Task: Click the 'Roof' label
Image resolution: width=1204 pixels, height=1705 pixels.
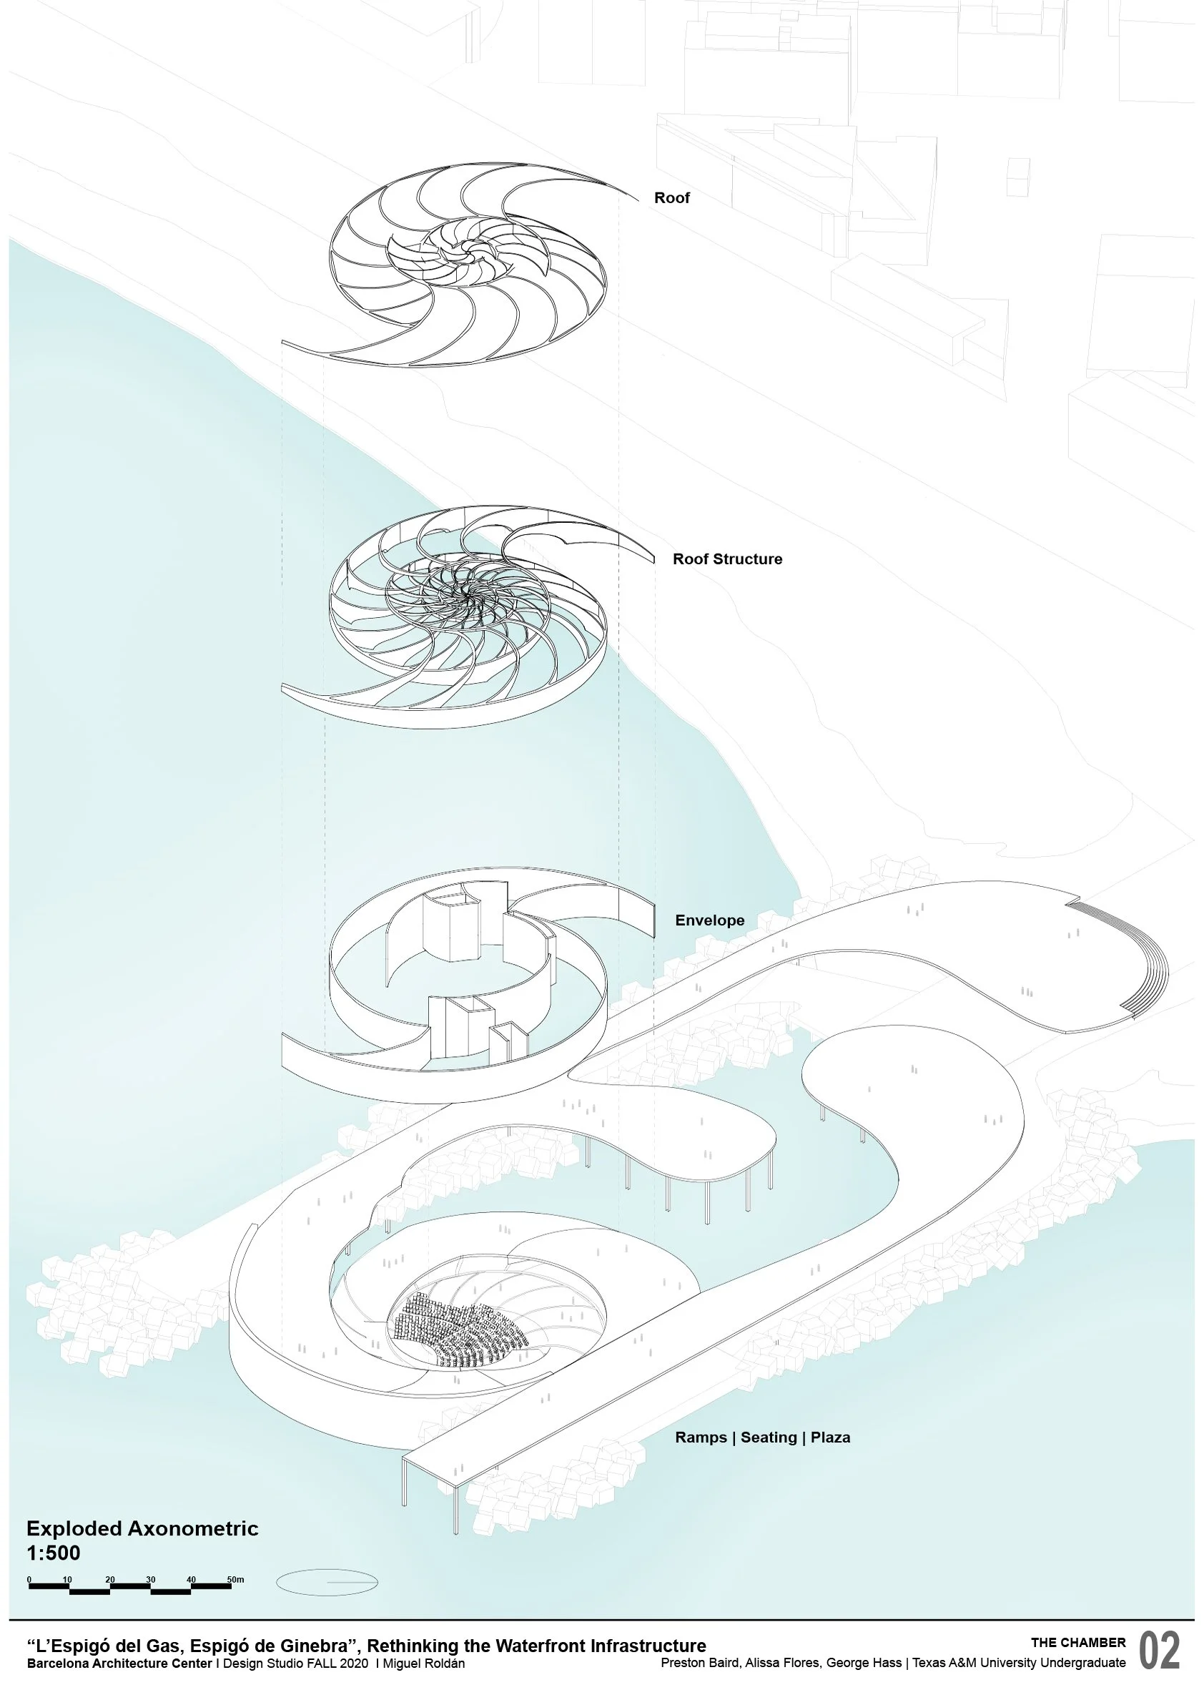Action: click(671, 197)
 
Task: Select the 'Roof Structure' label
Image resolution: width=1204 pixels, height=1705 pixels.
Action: click(726, 559)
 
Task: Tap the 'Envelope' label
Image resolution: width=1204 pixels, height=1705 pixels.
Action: click(709, 920)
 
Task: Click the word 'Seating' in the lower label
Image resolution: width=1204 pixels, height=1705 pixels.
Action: click(769, 1437)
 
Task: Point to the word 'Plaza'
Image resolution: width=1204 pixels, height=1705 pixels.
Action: click(830, 1437)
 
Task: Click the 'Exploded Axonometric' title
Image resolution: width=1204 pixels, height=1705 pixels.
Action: click(142, 1528)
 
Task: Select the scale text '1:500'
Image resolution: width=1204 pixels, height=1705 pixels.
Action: click(53, 1553)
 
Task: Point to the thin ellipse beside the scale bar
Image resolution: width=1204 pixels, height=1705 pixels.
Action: click(327, 1583)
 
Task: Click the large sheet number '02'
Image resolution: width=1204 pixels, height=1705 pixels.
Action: click(1159, 1651)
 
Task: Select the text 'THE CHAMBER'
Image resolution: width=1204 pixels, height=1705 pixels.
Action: click(1078, 1642)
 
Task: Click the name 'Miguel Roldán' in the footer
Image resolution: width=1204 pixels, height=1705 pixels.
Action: click(423, 1664)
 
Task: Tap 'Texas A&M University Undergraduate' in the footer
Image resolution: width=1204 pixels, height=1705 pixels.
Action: click(1018, 1663)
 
